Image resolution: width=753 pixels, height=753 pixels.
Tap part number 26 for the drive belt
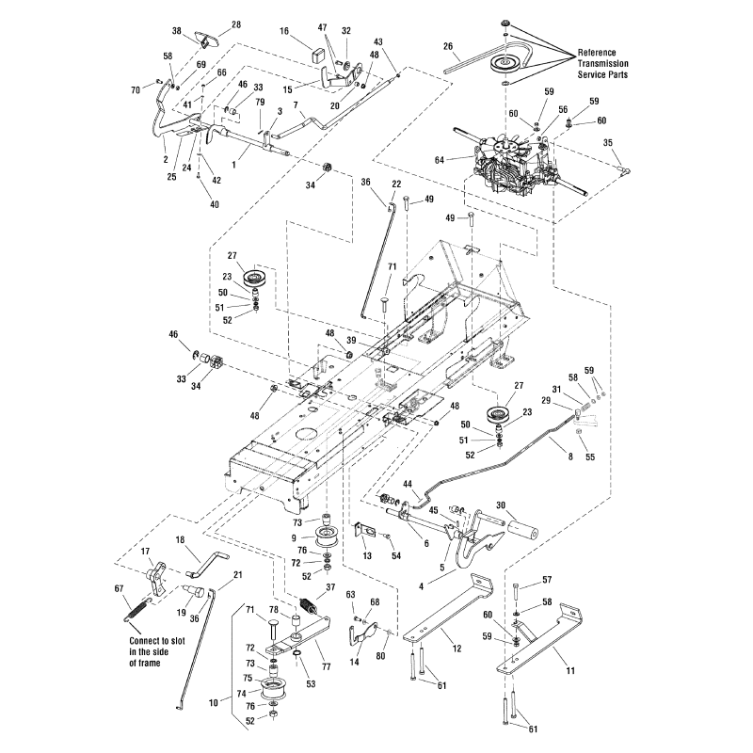(448, 45)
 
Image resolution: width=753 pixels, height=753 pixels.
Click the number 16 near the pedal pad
(283, 31)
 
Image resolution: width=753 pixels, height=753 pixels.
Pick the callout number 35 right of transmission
(608, 142)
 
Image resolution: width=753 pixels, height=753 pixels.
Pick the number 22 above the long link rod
(396, 184)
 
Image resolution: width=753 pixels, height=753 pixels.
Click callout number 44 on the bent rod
(409, 484)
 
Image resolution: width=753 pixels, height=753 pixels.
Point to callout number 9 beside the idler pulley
(294, 538)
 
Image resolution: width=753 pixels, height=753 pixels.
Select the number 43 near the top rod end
(379, 42)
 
